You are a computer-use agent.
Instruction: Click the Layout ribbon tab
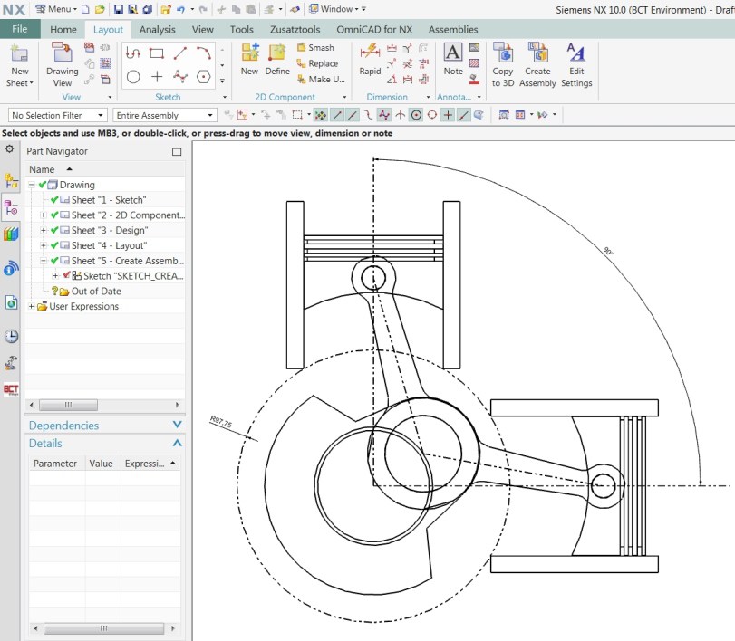pyautogui.click(x=108, y=29)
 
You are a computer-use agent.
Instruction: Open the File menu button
pyautogui.click(x=20, y=29)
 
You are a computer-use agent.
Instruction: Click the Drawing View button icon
pyautogui.click(x=63, y=55)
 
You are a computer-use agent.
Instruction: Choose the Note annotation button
pyautogui.click(x=453, y=54)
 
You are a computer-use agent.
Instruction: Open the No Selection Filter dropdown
pyautogui.click(x=57, y=115)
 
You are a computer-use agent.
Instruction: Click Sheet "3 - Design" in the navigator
pyautogui.click(x=109, y=230)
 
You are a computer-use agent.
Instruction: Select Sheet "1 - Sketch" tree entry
pyautogui.click(x=108, y=200)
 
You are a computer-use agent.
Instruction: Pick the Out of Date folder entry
pyautogui.click(x=96, y=292)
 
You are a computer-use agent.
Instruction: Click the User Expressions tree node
pyautogui.click(x=83, y=306)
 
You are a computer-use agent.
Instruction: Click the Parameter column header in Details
pyautogui.click(x=54, y=464)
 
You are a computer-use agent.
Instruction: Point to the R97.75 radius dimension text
pyautogui.click(x=221, y=422)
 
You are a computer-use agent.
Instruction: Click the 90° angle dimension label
pyautogui.click(x=606, y=251)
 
